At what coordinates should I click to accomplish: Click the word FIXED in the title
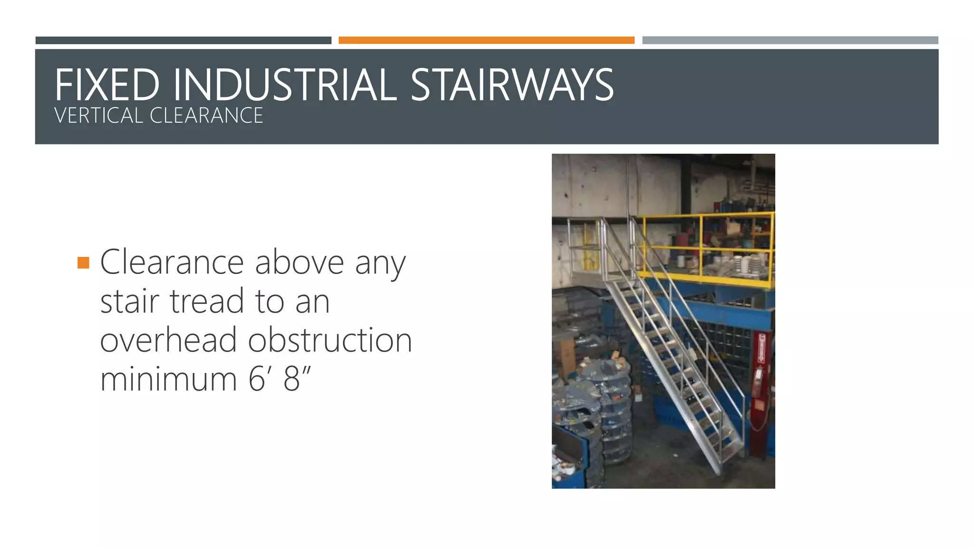(107, 85)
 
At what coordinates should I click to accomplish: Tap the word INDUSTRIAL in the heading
(284, 85)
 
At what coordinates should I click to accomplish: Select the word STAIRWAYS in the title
(512, 85)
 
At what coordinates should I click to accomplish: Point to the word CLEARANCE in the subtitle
(206, 116)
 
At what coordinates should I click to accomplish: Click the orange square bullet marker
(83, 263)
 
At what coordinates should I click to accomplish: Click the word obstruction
(330, 340)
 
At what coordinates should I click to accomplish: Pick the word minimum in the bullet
(168, 379)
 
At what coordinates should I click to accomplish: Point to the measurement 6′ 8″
(280, 379)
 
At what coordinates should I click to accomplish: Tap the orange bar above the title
(486, 40)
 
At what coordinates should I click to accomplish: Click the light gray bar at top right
(790, 40)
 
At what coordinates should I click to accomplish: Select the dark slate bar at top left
(183, 40)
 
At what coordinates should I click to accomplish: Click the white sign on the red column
(761, 347)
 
